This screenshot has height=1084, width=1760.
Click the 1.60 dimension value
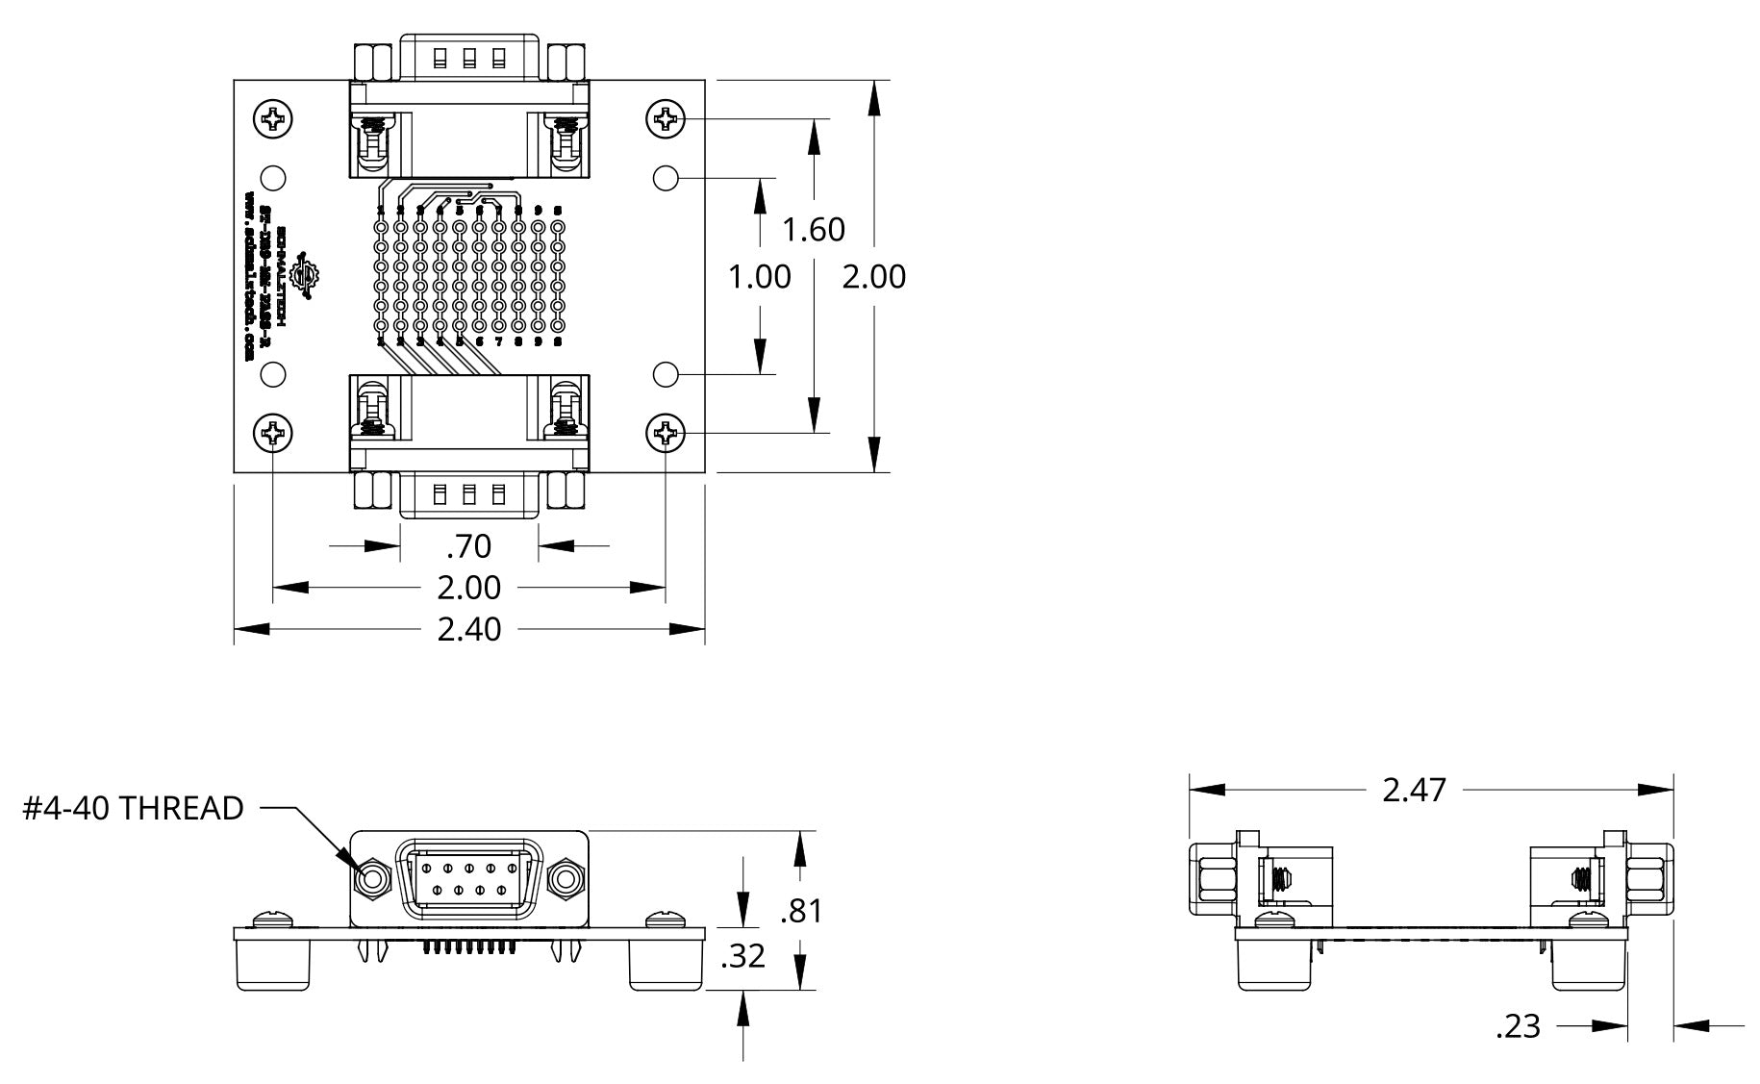[x=814, y=230]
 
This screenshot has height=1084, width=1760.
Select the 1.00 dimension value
[x=760, y=277]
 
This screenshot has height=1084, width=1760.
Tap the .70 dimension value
[x=469, y=546]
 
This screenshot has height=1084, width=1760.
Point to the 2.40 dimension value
[x=469, y=629]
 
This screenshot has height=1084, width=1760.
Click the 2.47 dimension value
[x=1414, y=790]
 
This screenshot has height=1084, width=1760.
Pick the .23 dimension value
[x=1519, y=1027]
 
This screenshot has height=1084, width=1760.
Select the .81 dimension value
[x=801, y=910]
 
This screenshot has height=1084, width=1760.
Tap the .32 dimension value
[x=742, y=956]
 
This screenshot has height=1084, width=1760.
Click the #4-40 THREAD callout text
[x=134, y=809]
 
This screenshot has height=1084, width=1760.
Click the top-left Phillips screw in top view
[x=273, y=120]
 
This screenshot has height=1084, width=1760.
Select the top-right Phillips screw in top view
[x=666, y=120]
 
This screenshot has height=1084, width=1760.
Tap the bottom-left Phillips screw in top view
[x=273, y=434]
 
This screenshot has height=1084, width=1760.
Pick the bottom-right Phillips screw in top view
[x=666, y=434]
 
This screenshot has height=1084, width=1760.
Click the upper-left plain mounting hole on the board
[x=274, y=178]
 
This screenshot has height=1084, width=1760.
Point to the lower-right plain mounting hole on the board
[x=666, y=373]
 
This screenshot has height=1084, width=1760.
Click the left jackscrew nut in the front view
[x=371, y=879]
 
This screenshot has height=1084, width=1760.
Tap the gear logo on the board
[x=309, y=276]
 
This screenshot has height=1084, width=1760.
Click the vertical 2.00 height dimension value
[x=874, y=277]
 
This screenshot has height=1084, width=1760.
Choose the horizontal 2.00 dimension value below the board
[x=469, y=587]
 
